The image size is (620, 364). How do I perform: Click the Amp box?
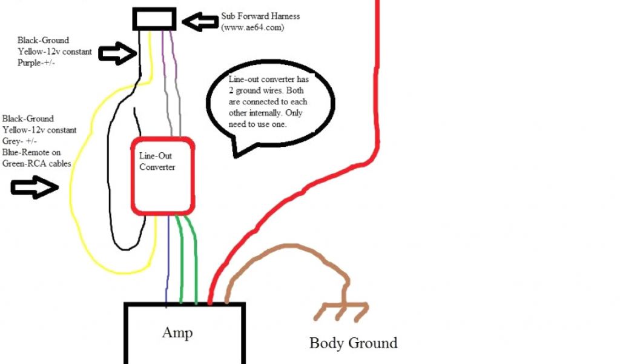click(x=184, y=340)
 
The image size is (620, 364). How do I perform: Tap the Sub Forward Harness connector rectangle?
click(x=154, y=19)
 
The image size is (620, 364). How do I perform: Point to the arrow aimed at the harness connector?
click(x=199, y=22)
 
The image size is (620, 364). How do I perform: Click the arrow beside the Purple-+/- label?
click(x=117, y=55)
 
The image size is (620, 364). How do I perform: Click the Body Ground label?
click(x=353, y=343)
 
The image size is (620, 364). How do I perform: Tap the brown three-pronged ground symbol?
click(x=342, y=311)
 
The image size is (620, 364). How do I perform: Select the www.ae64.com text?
click(x=253, y=28)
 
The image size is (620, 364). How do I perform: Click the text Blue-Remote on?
click(x=28, y=152)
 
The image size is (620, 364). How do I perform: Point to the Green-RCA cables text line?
click(x=36, y=163)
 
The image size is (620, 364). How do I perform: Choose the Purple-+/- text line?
click(x=37, y=63)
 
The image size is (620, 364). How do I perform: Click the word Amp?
click(x=177, y=332)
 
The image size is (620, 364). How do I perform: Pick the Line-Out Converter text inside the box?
click(x=157, y=161)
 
